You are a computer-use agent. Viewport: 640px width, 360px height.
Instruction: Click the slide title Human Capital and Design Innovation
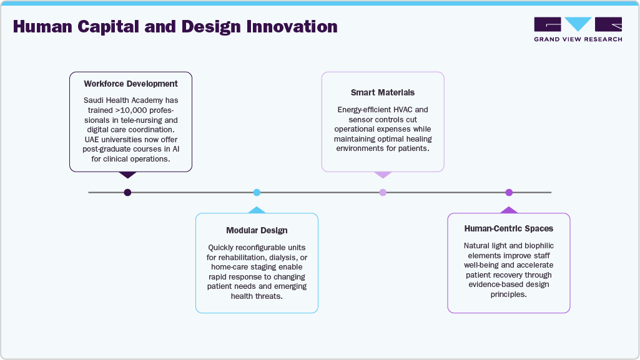tap(175, 27)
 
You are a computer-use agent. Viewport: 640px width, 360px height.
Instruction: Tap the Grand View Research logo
tap(578, 24)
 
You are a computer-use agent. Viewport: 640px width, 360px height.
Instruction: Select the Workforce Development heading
tap(130, 84)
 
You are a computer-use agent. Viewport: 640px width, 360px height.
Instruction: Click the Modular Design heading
tap(257, 230)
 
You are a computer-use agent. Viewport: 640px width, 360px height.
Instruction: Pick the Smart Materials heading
tap(383, 92)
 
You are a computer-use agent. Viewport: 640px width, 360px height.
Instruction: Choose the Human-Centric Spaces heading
tap(509, 229)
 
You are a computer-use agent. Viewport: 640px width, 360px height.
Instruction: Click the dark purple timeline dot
tap(127, 192)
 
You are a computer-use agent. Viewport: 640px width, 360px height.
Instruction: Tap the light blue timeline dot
tap(257, 192)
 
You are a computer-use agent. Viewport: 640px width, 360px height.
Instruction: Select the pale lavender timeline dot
tap(383, 192)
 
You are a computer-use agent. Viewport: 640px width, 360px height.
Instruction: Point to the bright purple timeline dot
tap(509, 192)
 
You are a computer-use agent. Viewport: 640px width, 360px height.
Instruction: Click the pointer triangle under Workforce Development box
tap(127, 175)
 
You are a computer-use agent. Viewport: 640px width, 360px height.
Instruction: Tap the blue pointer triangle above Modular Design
tap(257, 210)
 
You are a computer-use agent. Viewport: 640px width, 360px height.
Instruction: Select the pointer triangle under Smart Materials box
tap(383, 175)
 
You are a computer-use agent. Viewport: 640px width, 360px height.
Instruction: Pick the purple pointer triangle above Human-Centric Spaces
tap(509, 210)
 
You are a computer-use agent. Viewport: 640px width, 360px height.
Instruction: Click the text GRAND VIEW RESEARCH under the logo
tap(578, 39)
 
